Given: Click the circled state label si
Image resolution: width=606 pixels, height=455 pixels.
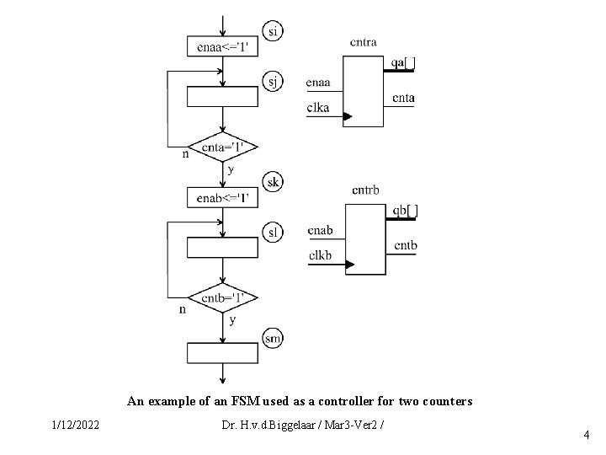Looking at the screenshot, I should [x=273, y=31].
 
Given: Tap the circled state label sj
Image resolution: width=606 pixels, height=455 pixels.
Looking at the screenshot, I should [x=274, y=81].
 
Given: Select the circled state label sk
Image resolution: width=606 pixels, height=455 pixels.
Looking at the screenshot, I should [x=274, y=182].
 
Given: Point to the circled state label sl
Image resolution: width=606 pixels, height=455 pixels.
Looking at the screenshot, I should [x=274, y=231].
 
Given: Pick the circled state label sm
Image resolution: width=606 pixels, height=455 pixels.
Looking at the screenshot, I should [x=274, y=339].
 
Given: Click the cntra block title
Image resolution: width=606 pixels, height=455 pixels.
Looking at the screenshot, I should [x=363, y=42].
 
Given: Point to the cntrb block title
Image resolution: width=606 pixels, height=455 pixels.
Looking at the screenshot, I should [x=365, y=190].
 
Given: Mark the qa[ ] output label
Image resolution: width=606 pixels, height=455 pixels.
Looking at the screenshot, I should [x=403, y=62].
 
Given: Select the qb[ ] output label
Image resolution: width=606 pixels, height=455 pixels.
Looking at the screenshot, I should [x=405, y=211].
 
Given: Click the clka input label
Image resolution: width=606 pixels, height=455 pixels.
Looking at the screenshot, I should [x=318, y=106].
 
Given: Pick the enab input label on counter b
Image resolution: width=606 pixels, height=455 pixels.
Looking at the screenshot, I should [x=320, y=231].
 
